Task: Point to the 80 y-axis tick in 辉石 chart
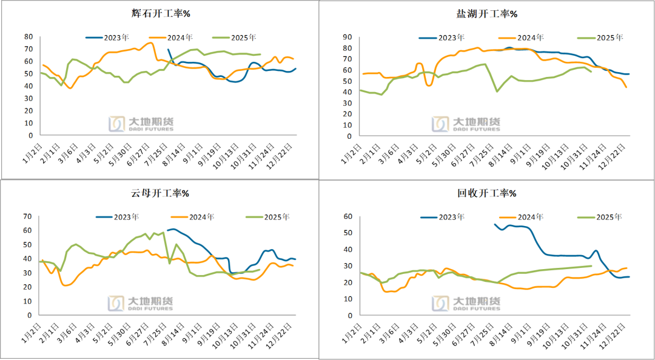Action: coord(28,36)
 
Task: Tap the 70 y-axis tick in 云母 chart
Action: coord(28,216)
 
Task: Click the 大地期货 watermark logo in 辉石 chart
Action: coord(141,124)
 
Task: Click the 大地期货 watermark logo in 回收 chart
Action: coord(466,303)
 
